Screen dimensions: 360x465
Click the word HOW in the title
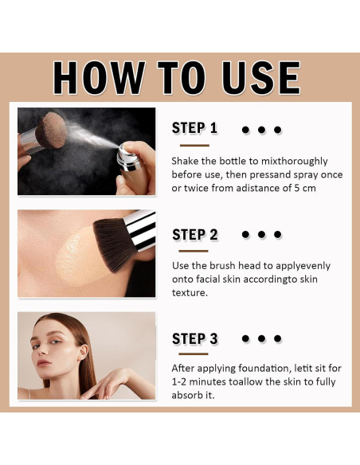99,78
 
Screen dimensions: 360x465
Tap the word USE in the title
261,78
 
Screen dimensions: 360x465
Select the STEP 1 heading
194,128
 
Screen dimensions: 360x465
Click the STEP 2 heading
195,235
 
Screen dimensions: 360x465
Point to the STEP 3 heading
195,338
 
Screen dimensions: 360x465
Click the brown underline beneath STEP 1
194,145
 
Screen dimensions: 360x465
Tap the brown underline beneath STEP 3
194,354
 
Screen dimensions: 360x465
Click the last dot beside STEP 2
277,234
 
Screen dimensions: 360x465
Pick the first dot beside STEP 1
245,130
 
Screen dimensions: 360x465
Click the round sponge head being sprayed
51,130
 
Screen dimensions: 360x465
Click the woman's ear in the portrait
83,352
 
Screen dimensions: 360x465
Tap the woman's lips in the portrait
44,363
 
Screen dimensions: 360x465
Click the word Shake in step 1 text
185,161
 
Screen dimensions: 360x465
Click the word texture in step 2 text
190,293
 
